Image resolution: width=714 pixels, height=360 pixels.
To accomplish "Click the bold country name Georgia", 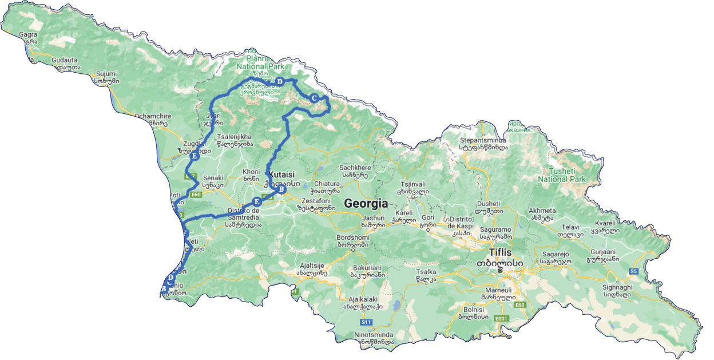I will click(x=366, y=203).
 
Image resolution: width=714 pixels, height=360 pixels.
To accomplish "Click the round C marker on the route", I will click(x=314, y=98).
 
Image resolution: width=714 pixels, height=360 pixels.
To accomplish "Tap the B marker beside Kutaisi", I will click(x=281, y=189).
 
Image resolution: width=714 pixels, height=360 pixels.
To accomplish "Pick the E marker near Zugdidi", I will click(x=195, y=156).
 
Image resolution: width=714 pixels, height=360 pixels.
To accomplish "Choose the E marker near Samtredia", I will click(x=257, y=201).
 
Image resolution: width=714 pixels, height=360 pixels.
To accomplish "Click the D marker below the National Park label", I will click(x=280, y=82).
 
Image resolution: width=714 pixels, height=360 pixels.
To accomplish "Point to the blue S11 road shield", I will click(x=366, y=322).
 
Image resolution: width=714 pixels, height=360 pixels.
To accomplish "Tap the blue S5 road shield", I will click(x=633, y=271).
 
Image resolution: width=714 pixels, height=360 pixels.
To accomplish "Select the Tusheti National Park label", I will click(x=562, y=175).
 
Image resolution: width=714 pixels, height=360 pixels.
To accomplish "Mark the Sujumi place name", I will click(x=106, y=74).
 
